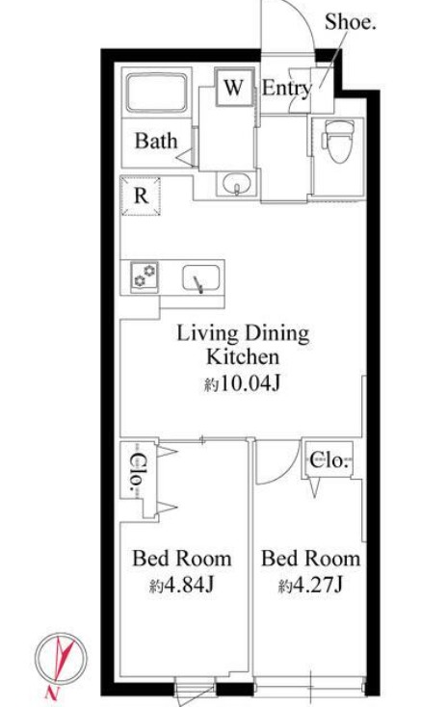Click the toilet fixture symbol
[x=338, y=142]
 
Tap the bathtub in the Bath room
[x=156, y=92]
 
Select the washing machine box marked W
[x=233, y=87]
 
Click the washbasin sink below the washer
[x=236, y=184]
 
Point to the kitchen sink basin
[x=201, y=278]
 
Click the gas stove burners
[x=145, y=275]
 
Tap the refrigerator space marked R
[x=141, y=196]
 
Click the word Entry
[x=287, y=88]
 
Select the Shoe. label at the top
[x=351, y=21]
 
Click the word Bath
[x=156, y=141]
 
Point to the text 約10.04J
[x=243, y=384]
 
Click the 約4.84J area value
[x=181, y=586]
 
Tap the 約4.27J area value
[x=311, y=586]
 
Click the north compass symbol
[x=61, y=658]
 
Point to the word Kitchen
[x=243, y=356]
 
